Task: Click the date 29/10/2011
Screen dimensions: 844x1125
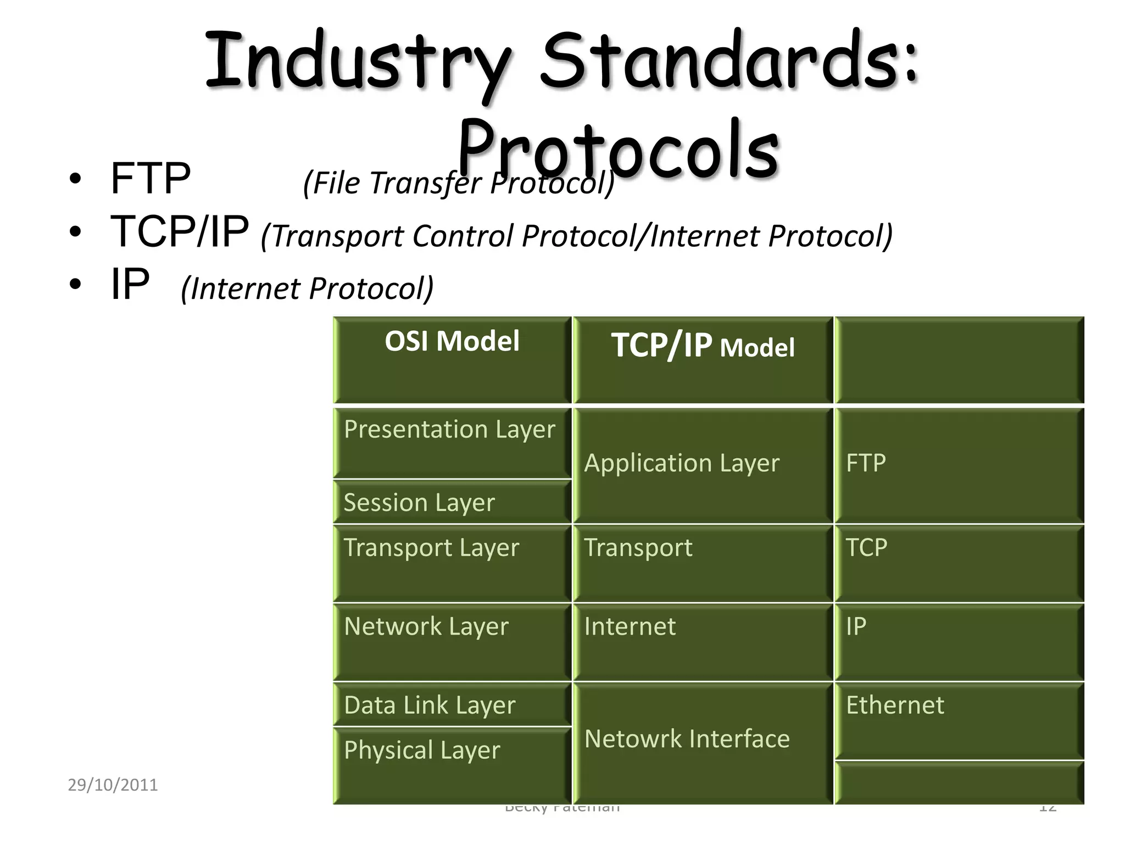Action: [x=113, y=785]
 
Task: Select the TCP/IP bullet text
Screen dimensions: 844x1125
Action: [x=180, y=231]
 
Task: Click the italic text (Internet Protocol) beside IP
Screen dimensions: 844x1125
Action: [x=307, y=288]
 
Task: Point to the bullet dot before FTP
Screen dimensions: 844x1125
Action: [x=75, y=180]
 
